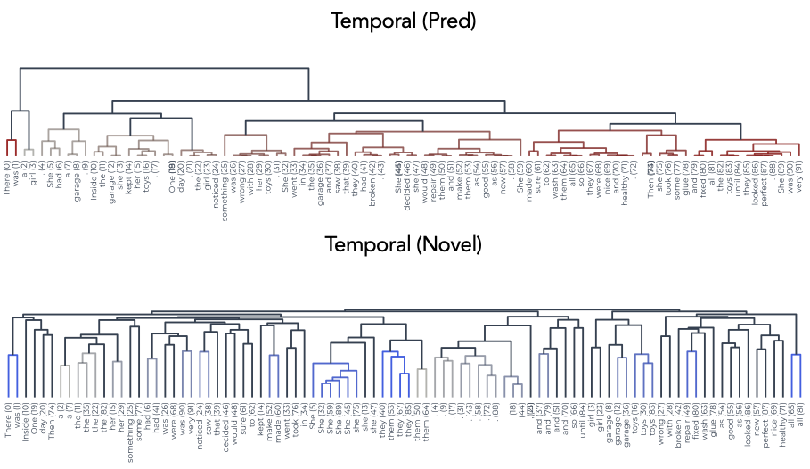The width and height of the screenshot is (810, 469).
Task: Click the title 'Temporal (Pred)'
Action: click(x=405, y=20)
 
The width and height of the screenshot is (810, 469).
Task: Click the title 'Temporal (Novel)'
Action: click(x=405, y=243)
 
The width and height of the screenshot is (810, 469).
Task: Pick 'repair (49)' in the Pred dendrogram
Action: click(x=432, y=179)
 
